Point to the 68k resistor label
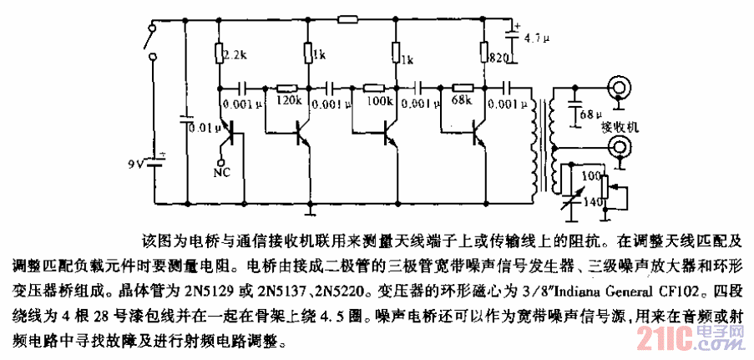tap(461, 101)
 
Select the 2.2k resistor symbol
tap(219, 55)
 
